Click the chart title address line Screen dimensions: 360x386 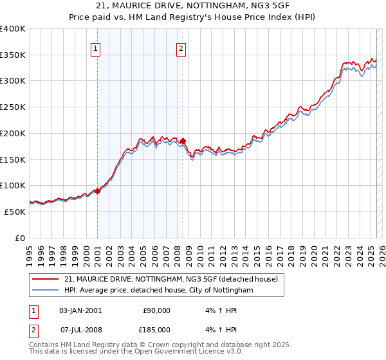coord(192,6)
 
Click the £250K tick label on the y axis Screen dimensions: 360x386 coord(13,107)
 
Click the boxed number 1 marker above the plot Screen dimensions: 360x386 coord(96,48)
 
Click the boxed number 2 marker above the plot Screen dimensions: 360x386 coord(181,48)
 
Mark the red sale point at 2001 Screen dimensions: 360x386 coord(97,191)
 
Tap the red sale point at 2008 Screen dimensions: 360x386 coord(183,141)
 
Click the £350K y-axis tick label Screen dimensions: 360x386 coord(13,55)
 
